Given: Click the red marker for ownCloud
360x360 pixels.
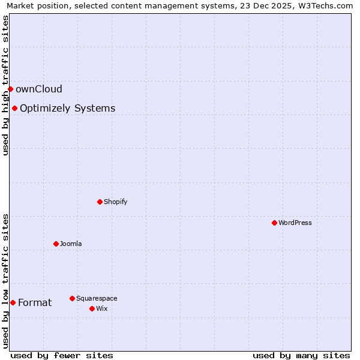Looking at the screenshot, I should [x=10, y=89].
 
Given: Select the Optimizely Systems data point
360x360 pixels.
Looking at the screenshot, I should [x=14, y=109].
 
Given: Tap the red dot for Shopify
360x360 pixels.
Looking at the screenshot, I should [x=100, y=202].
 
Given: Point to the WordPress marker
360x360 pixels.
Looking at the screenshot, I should [x=274, y=223].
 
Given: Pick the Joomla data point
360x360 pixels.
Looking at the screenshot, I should [x=56, y=244].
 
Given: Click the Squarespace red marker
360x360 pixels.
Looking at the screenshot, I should [x=72, y=298].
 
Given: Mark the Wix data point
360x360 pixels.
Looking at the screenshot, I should [x=92, y=308].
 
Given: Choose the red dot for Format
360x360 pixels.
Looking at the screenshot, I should [x=13, y=302].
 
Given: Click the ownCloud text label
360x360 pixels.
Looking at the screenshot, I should [x=39, y=89].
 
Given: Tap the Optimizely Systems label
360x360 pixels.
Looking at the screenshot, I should [x=68, y=109].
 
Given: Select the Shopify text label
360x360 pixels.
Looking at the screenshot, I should [x=116, y=202].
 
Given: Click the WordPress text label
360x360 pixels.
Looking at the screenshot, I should [x=295, y=223].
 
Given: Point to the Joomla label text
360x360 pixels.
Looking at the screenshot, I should [x=71, y=244].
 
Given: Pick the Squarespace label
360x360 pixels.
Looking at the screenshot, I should [x=97, y=298].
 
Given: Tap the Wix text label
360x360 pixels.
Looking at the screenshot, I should [x=102, y=308].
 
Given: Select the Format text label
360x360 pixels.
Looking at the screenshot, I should [x=35, y=302].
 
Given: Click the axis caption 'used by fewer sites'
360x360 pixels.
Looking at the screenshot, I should [x=62, y=355].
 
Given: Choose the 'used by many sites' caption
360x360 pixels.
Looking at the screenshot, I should [x=301, y=355].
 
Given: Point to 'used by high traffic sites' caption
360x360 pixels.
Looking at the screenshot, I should [x=6, y=86].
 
